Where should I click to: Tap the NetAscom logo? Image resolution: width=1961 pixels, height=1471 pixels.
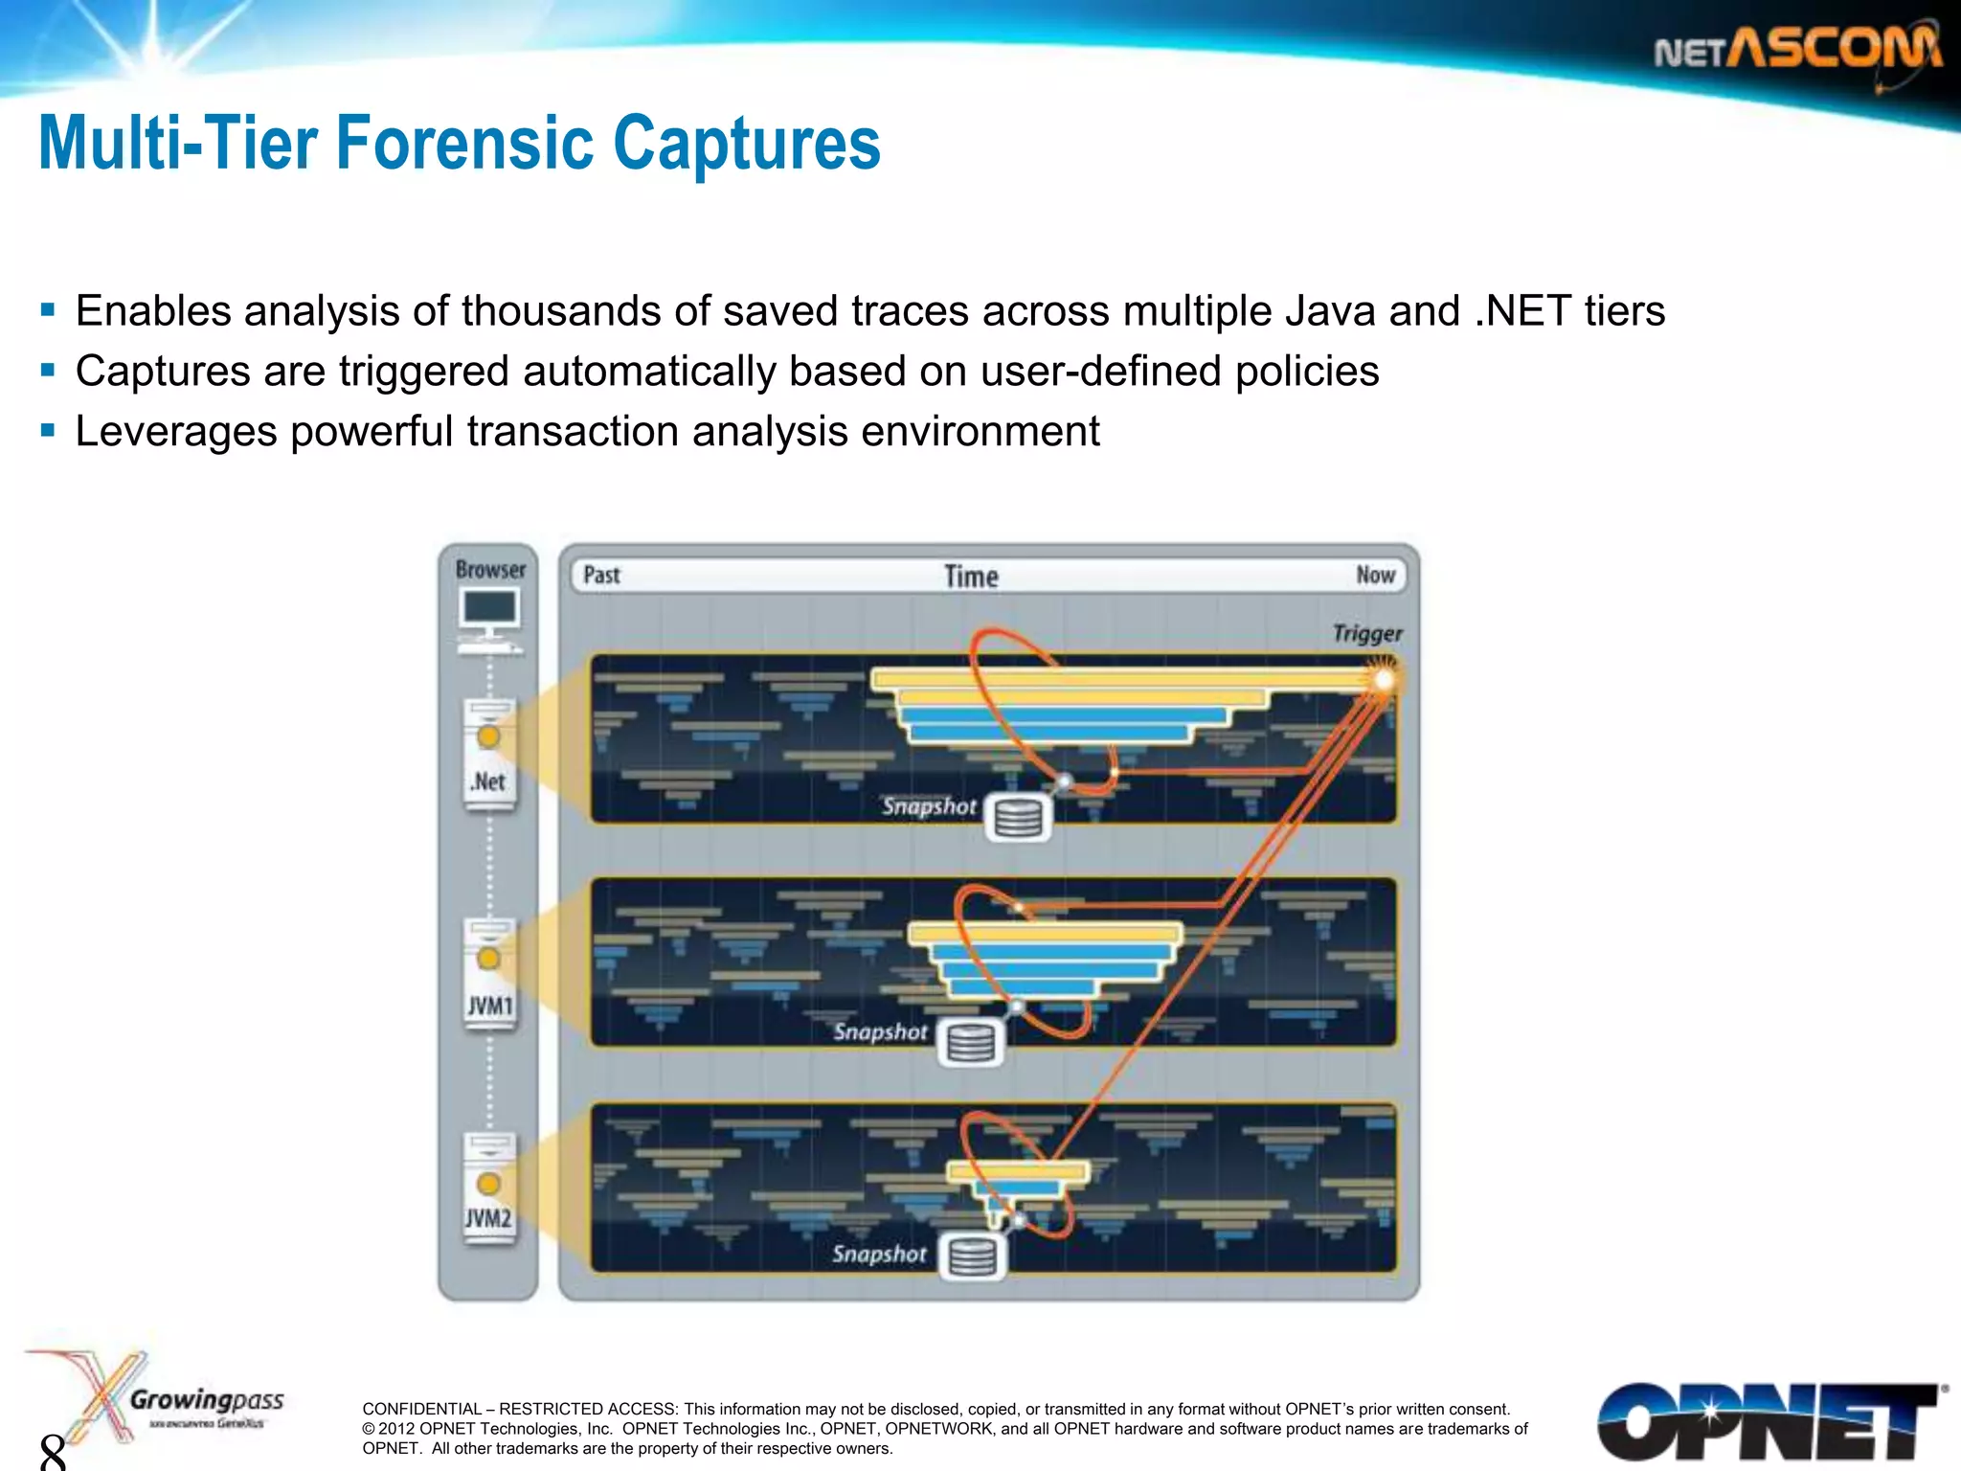coord(1798,50)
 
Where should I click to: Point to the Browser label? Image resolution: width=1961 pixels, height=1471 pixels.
coord(490,570)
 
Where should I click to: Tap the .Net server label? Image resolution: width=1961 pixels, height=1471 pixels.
coord(488,781)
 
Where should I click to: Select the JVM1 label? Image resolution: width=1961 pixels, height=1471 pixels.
coord(489,1006)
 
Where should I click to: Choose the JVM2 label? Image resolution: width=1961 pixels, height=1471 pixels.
coord(488,1218)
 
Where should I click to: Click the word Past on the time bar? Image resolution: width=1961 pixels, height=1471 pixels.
coord(601,576)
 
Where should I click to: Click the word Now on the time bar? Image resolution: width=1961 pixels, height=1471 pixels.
coord(1375,576)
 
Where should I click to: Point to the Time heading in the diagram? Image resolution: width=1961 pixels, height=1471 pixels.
coord(971,577)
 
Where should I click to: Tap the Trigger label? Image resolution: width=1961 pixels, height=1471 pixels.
coord(1366,634)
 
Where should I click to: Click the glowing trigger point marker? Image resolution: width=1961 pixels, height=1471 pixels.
coord(1384,680)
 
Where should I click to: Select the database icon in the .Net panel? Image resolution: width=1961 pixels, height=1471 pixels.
coord(1018,818)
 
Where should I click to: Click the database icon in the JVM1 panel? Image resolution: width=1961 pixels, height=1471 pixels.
coord(970,1043)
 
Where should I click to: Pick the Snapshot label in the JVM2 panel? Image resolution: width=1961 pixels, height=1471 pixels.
coord(879,1254)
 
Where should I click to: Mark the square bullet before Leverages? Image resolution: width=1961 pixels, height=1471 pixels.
coord(48,430)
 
